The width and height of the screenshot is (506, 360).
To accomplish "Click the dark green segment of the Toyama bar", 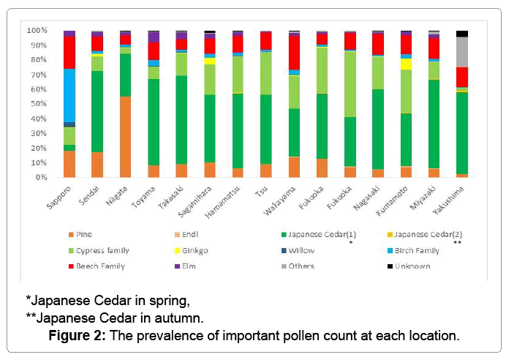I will pyautogui.click(x=154, y=121).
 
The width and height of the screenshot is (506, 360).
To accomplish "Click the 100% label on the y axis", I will pyautogui.click(x=37, y=31).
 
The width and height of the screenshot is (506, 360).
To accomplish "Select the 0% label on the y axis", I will pyautogui.click(x=42, y=177).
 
